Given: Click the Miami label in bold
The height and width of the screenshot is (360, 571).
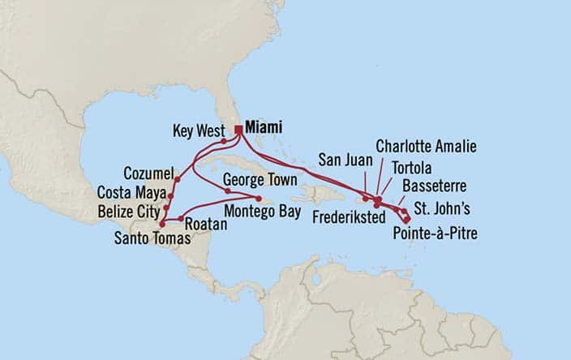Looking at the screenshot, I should pyautogui.click(x=265, y=127).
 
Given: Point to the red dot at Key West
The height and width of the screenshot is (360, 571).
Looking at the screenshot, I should pyautogui.click(x=223, y=141).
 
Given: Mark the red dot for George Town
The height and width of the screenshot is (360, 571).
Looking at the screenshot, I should pyautogui.click(x=228, y=191).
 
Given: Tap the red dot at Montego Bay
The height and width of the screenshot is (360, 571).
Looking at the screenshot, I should pyautogui.click(x=259, y=199).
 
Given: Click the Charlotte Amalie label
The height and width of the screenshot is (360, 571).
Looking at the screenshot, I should pyautogui.click(x=426, y=146).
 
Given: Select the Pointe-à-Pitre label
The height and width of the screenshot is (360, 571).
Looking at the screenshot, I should pyautogui.click(x=436, y=234).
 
